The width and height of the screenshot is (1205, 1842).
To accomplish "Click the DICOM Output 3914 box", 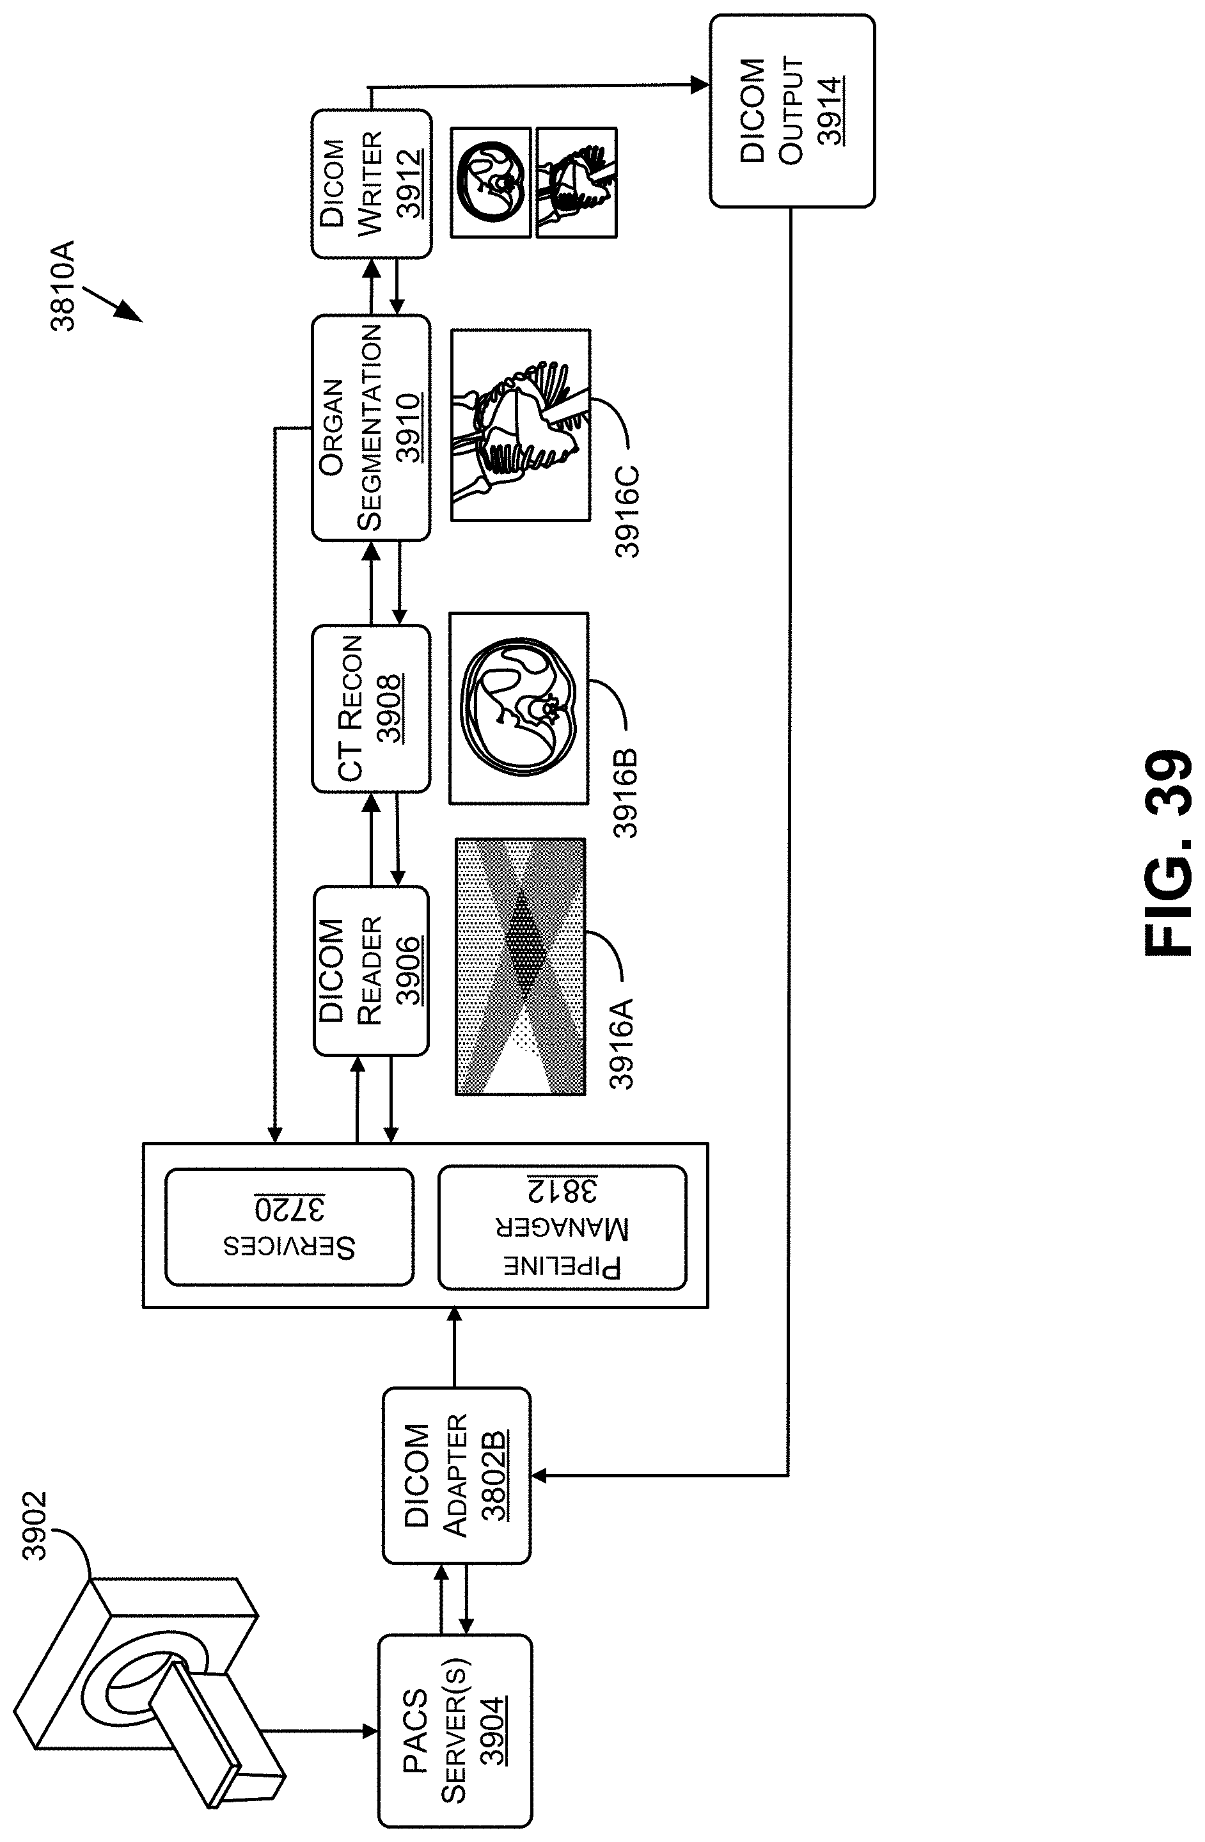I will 792,111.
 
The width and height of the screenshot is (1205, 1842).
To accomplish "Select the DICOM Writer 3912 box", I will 371,184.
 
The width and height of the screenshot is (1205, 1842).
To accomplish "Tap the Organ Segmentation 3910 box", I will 371,427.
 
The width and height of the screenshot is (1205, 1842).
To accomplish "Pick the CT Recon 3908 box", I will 371,708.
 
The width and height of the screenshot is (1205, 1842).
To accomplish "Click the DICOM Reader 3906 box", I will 371,971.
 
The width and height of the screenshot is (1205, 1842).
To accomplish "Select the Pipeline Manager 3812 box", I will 562,1228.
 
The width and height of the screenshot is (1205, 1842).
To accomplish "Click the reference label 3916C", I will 627,511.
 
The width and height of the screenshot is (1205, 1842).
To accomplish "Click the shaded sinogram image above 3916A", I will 520,966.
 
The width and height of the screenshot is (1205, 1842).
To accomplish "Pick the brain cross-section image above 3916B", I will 519,708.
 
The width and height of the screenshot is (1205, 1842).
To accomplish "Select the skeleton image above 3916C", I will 520,425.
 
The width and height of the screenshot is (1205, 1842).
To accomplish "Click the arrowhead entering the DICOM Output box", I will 700,85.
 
